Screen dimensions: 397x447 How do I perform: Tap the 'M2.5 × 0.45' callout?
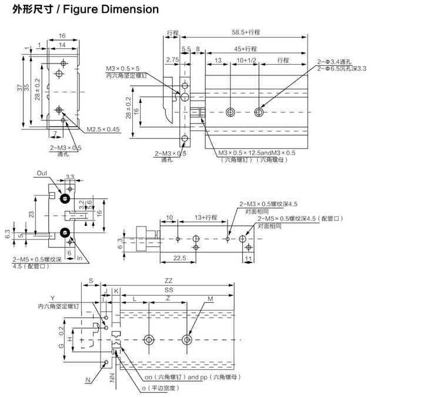[103, 129]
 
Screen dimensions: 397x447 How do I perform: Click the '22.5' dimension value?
[181, 258]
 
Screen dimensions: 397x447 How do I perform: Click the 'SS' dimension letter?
[169, 291]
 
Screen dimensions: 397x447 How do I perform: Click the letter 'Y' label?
[52, 299]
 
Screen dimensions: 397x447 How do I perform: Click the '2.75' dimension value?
[172, 61]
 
